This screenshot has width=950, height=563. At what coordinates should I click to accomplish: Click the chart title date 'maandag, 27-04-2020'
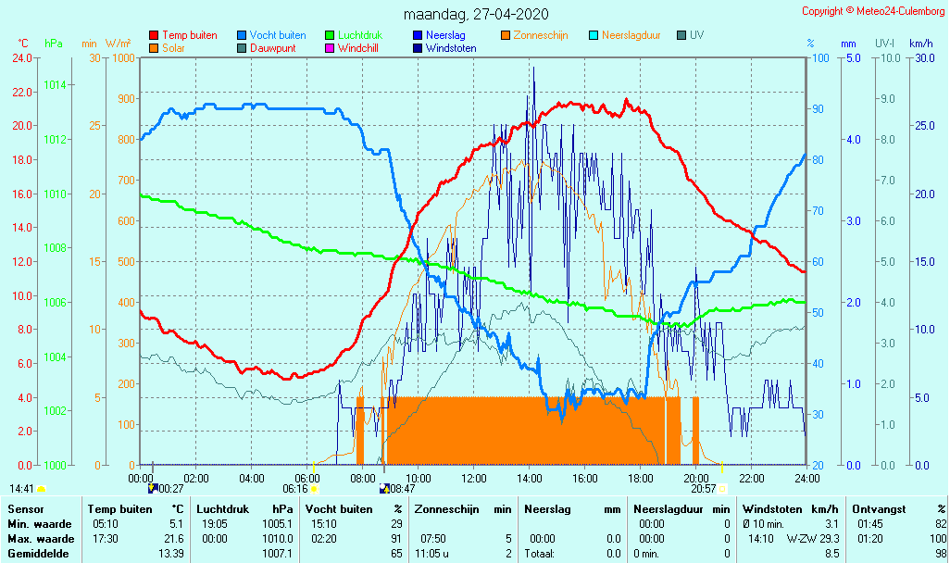click(476, 14)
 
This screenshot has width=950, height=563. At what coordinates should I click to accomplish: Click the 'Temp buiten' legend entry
click(189, 35)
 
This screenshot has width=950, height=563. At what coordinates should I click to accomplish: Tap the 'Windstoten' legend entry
click(451, 48)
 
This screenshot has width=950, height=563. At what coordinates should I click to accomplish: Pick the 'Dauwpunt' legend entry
click(272, 48)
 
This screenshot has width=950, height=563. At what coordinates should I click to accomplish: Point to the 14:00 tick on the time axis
click(530, 478)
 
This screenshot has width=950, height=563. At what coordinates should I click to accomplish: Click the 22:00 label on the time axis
click(751, 478)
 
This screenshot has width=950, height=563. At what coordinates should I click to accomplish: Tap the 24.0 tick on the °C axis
click(22, 57)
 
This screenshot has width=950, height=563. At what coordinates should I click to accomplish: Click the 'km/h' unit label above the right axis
click(920, 44)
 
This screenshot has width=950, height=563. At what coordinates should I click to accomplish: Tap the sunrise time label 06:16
click(295, 488)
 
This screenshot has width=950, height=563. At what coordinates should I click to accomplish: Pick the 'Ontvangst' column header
click(880, 508)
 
